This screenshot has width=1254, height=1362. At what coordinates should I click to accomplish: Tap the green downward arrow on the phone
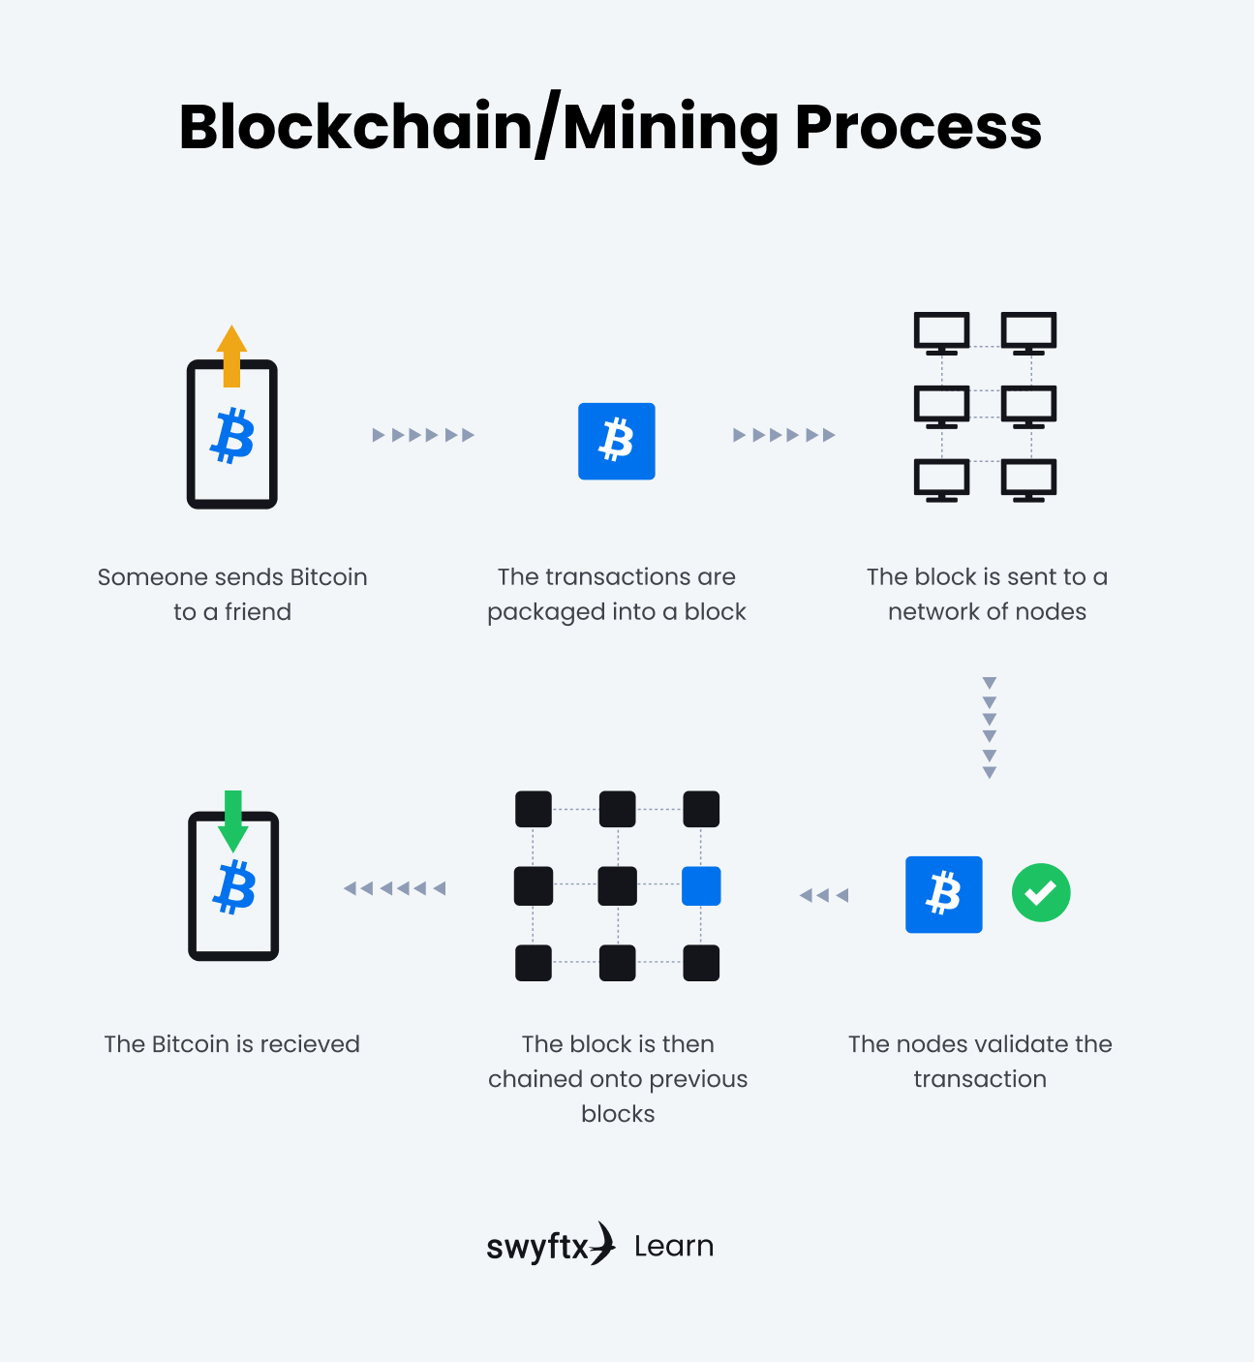233,820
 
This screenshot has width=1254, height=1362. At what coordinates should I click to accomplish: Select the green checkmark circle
1041,893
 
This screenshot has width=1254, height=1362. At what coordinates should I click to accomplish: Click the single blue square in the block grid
701,885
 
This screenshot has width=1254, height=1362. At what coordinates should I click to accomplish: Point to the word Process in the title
918,127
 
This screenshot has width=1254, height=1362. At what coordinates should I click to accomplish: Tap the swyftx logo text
538,1247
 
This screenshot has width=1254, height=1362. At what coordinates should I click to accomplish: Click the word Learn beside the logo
674,1246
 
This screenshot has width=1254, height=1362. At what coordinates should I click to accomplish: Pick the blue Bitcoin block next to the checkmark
943,894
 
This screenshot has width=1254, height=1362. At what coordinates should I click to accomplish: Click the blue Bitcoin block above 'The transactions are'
617,441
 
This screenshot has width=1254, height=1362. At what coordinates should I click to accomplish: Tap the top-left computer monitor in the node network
941,332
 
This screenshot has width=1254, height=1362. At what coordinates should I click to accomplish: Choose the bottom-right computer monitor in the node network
1028,480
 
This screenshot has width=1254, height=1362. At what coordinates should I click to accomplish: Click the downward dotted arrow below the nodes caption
989,727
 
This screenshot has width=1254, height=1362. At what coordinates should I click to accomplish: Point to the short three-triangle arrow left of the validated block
824,895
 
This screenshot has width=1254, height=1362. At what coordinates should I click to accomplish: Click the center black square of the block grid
618,885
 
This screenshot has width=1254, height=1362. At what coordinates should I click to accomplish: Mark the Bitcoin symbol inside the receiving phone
234,887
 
